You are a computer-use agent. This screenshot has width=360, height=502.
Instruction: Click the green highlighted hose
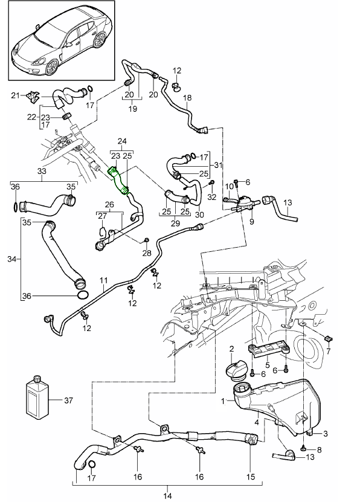[119, 181]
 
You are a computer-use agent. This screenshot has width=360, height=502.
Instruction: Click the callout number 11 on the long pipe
[103, 280]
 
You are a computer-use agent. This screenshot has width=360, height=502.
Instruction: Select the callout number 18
[187, 97]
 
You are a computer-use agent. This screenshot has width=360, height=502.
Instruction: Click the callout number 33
[42, 171]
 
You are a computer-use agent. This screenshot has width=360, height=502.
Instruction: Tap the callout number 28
[146, 253]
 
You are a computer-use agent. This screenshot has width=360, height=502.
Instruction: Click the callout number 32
[211, 196]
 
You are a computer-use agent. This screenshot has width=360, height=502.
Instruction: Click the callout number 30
[200, 214]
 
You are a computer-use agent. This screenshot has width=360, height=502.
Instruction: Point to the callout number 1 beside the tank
[223, 400]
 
